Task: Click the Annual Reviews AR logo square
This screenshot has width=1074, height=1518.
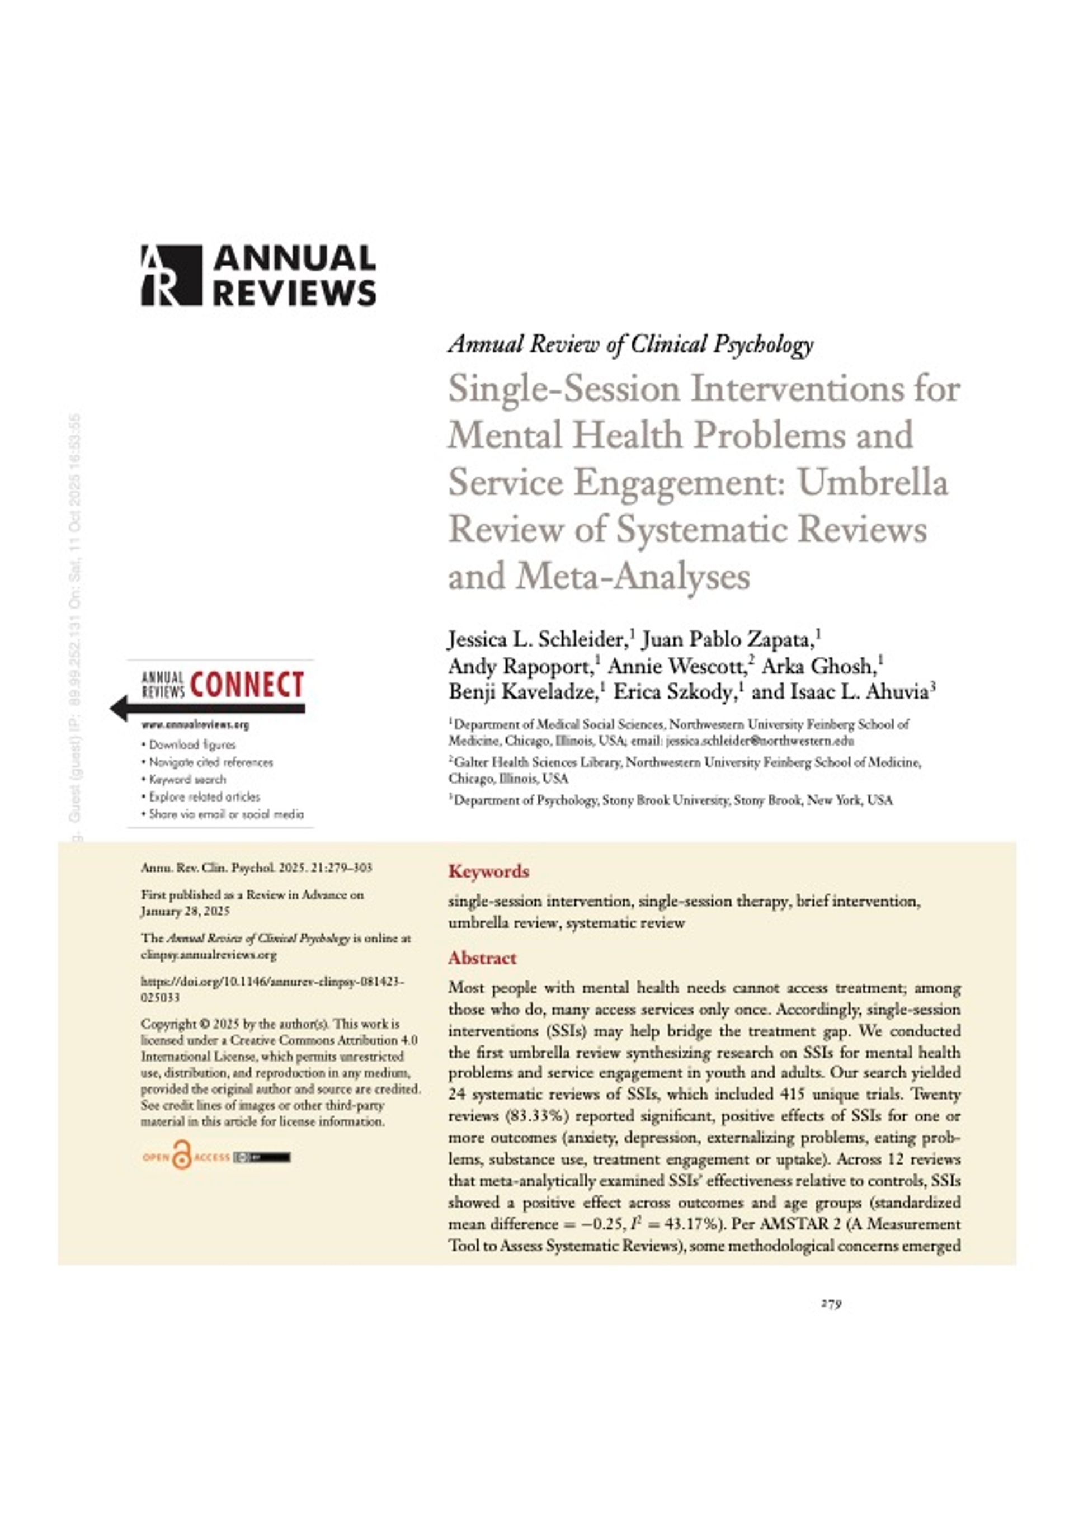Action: (x=171, y=275)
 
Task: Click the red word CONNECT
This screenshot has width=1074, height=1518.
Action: (x=247, y=685)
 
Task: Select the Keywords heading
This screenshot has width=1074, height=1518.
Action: (x=489, y=871)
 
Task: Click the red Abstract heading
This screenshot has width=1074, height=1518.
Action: (x=482, y=958)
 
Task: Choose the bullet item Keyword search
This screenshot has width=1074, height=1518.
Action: (x=187, y=780)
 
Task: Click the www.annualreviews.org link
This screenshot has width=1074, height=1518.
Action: (x=195, y=725)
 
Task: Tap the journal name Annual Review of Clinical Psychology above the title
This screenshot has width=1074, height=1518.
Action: (x=631, y=345)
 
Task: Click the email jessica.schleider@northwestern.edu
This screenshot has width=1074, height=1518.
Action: (x=759, y=741)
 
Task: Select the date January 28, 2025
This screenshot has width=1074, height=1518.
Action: (x=185, y=912)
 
